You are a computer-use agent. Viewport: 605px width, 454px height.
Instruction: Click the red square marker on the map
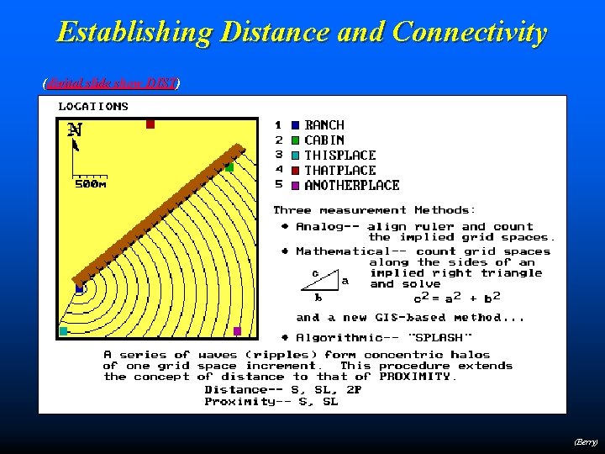tap(150, 124)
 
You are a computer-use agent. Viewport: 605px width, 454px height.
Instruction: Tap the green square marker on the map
tap(229, 167)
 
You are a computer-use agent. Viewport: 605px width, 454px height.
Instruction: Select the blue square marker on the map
tap(79, 289)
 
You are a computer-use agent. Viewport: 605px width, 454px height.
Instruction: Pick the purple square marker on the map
tap(237, 331)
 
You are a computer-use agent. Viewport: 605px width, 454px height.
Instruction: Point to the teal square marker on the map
tap(63, 331)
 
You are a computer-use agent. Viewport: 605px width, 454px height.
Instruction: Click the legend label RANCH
tap(324, 125)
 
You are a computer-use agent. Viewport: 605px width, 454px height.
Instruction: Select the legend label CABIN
tap(324, 140)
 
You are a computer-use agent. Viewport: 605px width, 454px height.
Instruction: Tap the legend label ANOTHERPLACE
tap(352, 186)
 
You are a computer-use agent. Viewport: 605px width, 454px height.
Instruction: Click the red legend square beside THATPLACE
tap(295, 171)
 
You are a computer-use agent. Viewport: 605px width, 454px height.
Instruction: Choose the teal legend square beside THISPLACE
tap(295, 156)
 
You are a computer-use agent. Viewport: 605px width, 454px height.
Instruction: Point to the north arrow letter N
tap(75, 129)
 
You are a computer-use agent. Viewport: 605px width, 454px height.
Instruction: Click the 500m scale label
tap(91, 183)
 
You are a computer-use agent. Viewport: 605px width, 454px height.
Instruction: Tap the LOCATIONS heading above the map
tap(93, 107)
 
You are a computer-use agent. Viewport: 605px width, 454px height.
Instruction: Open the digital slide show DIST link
tap(112, 82)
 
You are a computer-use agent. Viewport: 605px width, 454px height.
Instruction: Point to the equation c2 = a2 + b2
tap(457, 298)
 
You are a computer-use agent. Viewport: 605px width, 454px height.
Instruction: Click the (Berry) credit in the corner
tap(586, 441)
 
